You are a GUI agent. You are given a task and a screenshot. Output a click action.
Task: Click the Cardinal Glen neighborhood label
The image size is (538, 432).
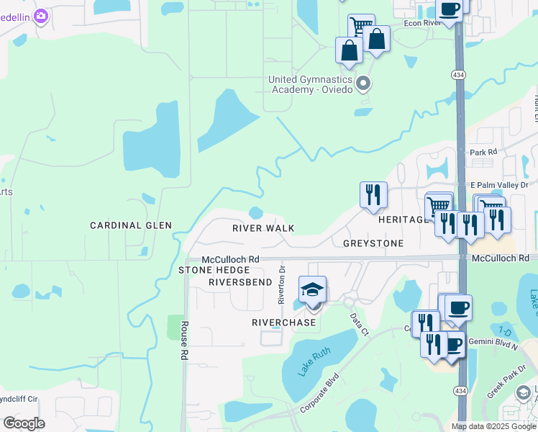click(130, 225)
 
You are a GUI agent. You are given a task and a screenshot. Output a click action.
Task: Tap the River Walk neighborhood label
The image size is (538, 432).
click(263, 228)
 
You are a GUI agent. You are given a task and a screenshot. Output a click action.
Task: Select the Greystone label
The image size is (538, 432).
click(373, 243)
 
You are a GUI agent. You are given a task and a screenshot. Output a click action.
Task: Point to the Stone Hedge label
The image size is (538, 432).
click(213, 270)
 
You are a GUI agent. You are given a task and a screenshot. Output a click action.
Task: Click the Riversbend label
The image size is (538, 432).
click(239, 282)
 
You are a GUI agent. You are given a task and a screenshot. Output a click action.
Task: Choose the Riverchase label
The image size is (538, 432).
click(283, 323)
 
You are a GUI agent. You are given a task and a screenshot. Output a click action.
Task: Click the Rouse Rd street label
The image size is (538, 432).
click(184, 341)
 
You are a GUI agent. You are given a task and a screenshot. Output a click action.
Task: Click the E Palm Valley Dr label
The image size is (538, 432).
click(498, 184)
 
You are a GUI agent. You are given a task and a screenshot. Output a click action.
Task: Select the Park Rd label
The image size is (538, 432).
click(483, 153)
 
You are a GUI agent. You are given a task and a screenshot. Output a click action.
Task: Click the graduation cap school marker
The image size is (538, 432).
click(312, 289)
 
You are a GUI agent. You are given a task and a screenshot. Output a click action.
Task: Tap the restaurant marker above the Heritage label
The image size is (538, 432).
click(373, 194)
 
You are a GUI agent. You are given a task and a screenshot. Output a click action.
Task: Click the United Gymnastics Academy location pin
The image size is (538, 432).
click(364, 84)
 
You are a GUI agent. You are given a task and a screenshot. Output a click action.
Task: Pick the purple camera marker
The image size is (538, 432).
click(41, 15)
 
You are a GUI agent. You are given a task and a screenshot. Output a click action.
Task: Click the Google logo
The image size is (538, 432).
click(24, 423)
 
